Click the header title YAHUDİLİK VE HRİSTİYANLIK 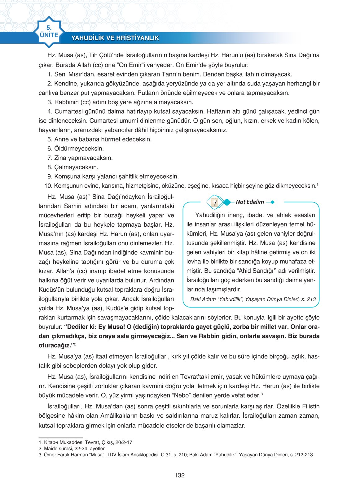point(115,38)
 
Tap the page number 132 point(180,476)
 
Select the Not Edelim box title point(250,202)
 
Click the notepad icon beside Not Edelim point(214,202)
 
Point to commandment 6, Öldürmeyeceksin point(76,149)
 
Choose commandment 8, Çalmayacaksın point(73,167)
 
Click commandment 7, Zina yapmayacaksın point(80,158)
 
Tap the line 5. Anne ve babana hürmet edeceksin point(99,139)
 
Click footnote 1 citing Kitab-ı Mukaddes point(85,442)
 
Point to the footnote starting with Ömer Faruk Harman point(175,455)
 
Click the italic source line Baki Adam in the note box point(253,299)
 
